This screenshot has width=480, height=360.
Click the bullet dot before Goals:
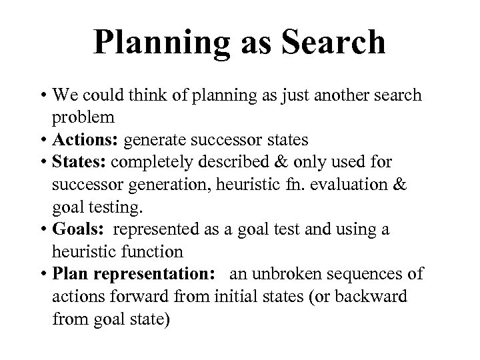(43, 229)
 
